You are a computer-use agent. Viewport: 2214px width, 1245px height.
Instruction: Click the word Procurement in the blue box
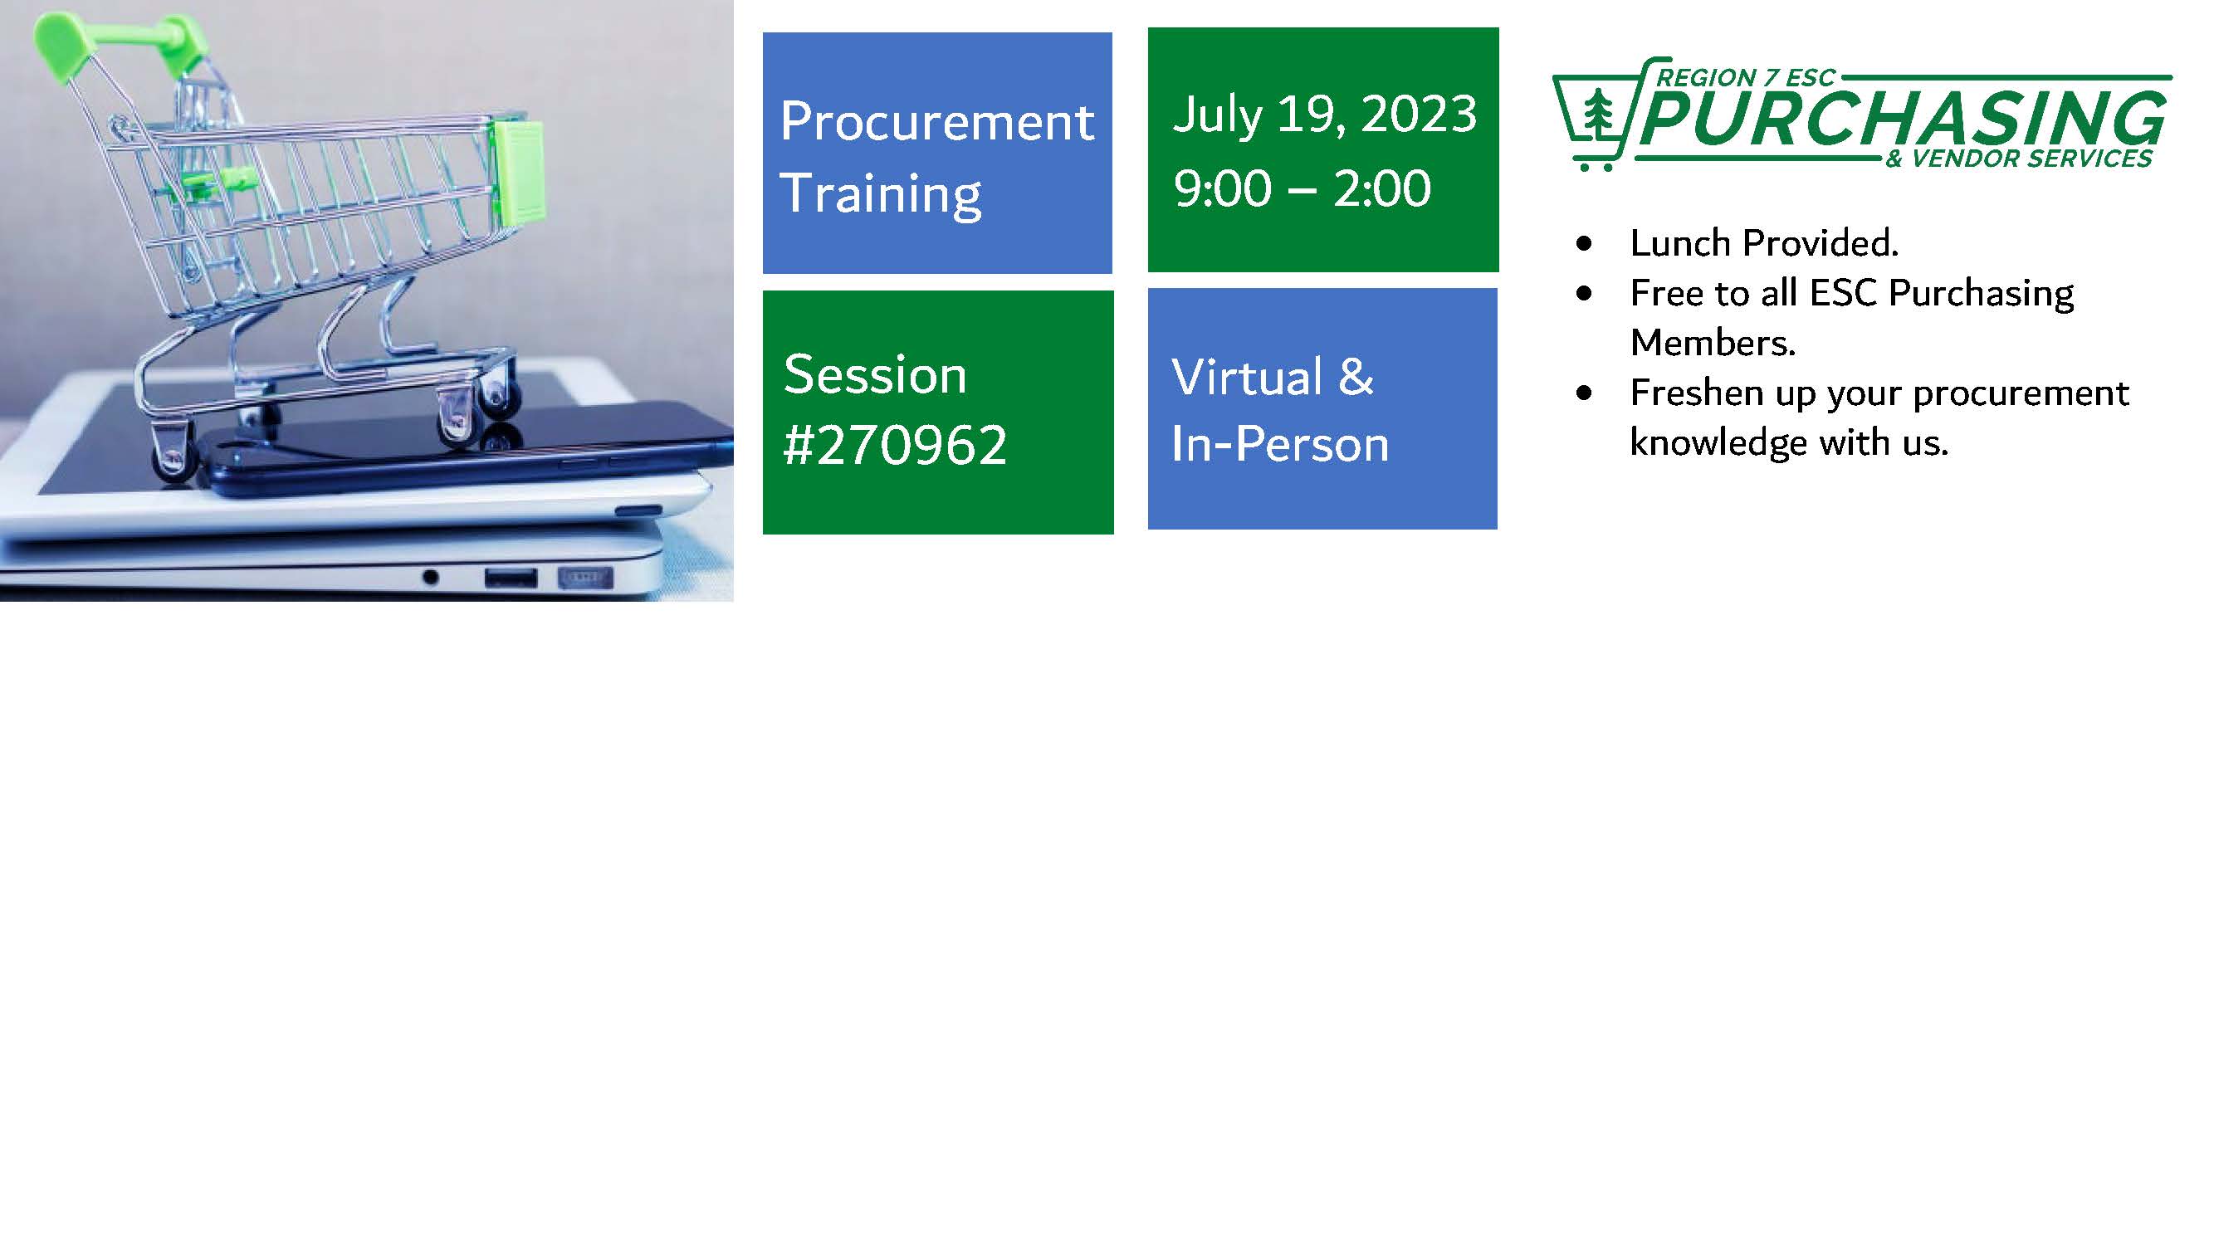click(x=937, y=121)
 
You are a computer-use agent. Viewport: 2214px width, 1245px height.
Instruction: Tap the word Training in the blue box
click(x=881, y=194)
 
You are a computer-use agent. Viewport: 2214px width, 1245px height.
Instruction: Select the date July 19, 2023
click(x=1325, y=115)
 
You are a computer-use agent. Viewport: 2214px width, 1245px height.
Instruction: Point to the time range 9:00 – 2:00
click(x=1303, y=188)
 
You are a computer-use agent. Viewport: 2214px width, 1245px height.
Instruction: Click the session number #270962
click(x=895, y=445)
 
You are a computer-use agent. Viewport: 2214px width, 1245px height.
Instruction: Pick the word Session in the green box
click(x=875, y=374)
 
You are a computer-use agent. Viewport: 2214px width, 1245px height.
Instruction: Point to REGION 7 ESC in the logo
click(x=1746, y=78)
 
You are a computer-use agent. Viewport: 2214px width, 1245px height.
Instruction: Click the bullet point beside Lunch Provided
click(x=1585, y=244)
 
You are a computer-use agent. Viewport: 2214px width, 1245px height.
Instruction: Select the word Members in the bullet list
click(x=1712, y=343)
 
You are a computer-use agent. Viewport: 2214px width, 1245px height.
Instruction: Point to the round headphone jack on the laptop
click(x=431, y=578)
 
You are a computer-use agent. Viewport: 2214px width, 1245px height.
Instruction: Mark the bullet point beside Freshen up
click(x=1585, y=393)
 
